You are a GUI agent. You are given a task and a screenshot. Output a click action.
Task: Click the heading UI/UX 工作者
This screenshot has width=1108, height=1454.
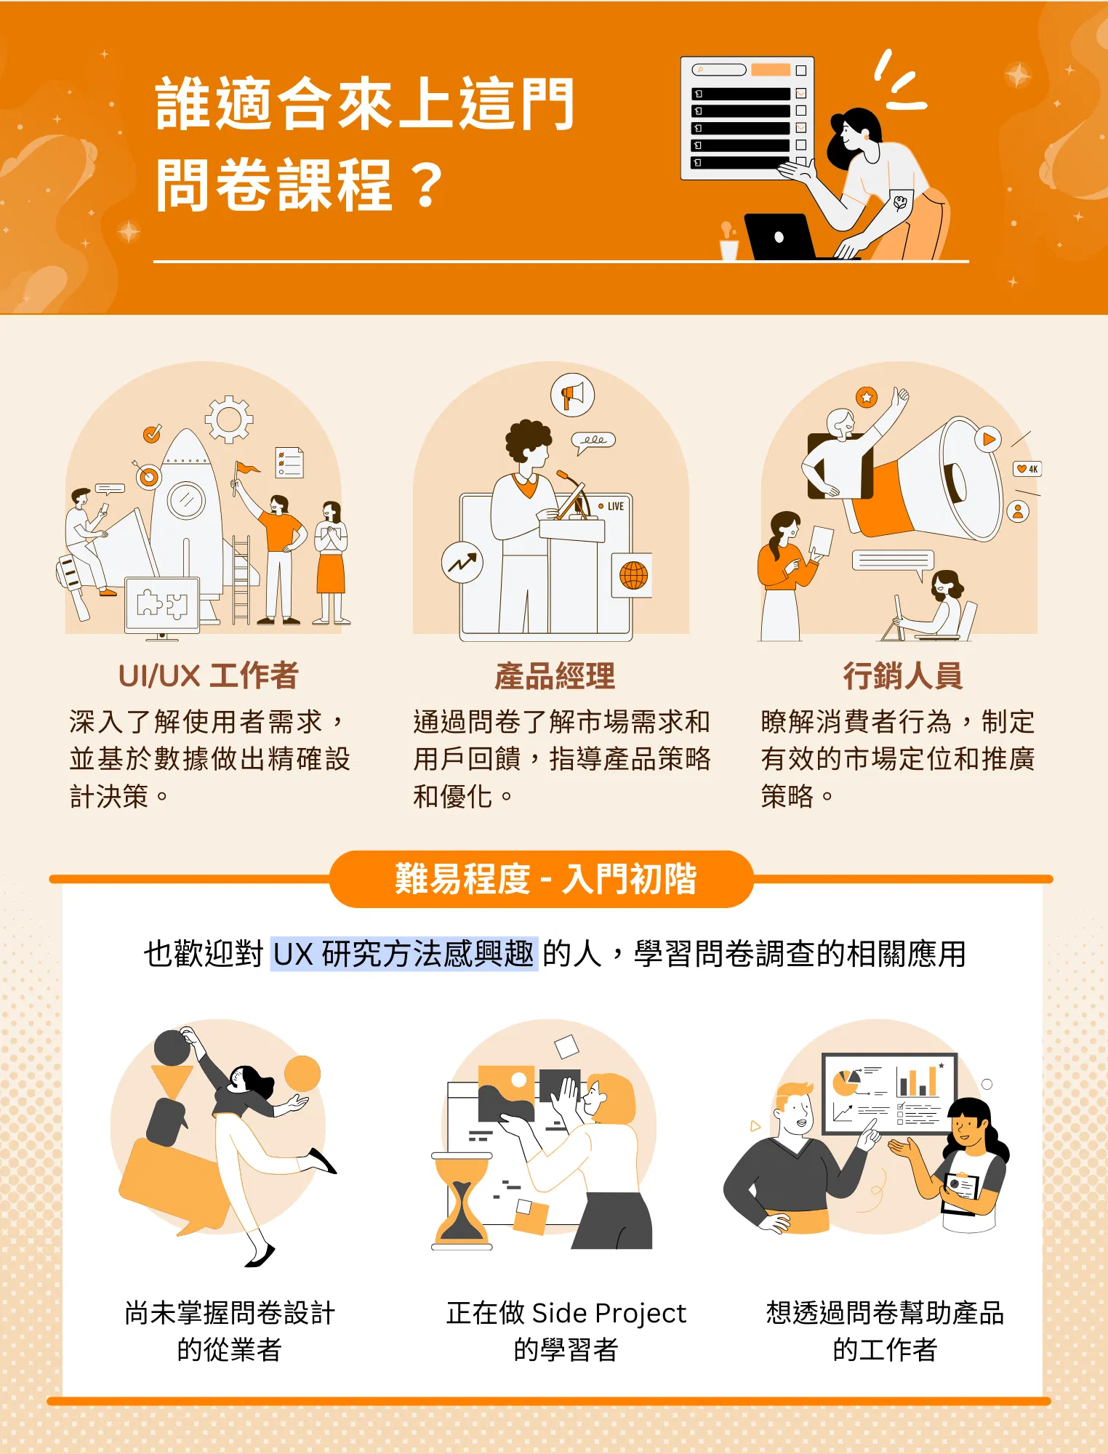tap(209, 675)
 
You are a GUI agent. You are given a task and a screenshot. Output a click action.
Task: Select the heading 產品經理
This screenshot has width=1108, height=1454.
tap(555, 675)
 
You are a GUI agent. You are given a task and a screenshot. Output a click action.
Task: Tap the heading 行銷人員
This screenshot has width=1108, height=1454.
tap(903, 675)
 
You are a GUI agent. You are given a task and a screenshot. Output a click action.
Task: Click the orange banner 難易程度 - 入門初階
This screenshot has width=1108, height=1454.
tap(542, 879)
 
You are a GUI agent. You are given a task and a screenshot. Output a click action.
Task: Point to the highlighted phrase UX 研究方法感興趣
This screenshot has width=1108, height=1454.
tap(404, 954)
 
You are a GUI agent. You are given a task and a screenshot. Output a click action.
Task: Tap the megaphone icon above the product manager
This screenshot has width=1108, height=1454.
tap(573, 395)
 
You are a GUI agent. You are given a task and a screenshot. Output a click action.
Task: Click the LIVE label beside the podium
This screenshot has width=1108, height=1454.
tap(611, 506)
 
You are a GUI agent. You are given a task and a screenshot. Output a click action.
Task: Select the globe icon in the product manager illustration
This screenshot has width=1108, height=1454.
tap(633, 575)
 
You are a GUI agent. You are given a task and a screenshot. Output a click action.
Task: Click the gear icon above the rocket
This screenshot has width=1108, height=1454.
tap(229, 419)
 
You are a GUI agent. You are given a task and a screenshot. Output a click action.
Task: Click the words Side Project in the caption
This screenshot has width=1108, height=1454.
tap(609, 1313)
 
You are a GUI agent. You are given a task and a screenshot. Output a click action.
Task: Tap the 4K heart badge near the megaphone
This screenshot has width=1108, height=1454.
tap(1027, 469)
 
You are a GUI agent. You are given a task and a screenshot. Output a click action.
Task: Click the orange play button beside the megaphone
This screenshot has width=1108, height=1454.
tap(988, 439)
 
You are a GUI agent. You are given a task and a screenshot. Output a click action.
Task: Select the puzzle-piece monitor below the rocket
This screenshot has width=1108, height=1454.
tap(162, 606)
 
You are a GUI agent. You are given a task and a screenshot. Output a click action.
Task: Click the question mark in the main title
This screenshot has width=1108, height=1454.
tap(427, 185)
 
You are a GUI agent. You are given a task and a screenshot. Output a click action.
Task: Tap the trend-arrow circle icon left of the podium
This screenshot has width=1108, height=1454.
tap(462, 563)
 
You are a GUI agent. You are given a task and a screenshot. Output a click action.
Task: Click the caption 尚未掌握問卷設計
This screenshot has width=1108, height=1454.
tap(230, 1313)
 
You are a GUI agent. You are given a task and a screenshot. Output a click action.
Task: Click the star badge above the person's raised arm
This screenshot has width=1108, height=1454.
tap(867, 397)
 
